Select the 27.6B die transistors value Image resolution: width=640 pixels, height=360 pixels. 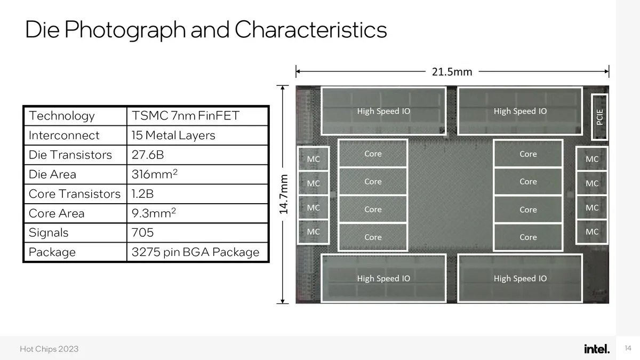[x=148, y=155]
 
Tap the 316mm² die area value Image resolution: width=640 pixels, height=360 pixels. [x=155, y=174]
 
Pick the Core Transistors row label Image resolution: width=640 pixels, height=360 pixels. [x=75, y=194]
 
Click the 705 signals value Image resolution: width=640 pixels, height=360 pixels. [x=142, y=233]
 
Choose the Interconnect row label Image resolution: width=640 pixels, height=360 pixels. [x=64, y=135]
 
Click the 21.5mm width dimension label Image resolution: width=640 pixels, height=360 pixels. [x=452, y=71]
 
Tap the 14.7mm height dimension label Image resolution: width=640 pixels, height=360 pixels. [x=283, y=194]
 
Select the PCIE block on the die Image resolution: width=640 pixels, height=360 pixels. [x=599, y=117]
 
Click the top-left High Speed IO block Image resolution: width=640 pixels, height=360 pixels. [x=383, y=111]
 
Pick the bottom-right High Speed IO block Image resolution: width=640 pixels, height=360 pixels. [x=520, y=278]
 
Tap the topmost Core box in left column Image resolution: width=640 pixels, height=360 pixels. [x=373, y=154]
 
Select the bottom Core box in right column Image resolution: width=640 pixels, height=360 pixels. [x=528, y=237]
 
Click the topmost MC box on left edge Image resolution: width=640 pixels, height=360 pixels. [x=314, y=159]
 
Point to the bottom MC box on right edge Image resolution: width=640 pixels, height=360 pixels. [x=592, y=231]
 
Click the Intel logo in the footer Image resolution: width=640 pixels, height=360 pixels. [x=597, y=349]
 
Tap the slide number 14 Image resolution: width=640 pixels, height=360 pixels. [x=628, y=348]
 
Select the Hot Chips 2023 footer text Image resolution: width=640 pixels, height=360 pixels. [x=49, y=349]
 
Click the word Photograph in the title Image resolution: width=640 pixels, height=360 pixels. [x=125, y=30]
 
